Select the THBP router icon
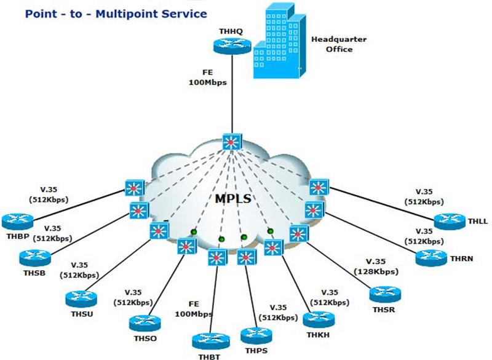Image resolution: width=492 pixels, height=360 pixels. coord(16,220)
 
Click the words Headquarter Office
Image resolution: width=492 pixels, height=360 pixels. coord(338,44)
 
